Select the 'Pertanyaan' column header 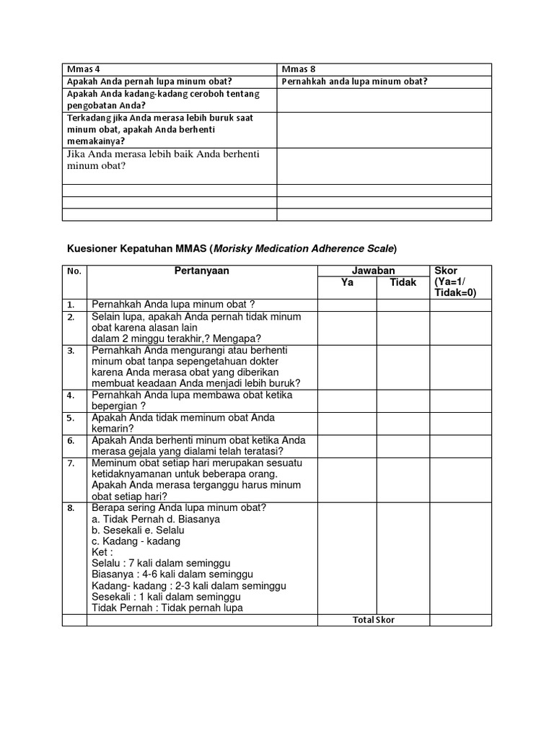pos(201,271)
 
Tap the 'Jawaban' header pos(374,271)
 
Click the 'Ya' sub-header pos(347,282)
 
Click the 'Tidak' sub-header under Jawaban pos(403,282)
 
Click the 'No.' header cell pos(74,272)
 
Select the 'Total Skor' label pos(374,620)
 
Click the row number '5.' pos(71,418)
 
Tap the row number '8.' pos(71,509)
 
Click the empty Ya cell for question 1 pos(347,305)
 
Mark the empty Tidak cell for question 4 pos(403,401)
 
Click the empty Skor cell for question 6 pos(460,446)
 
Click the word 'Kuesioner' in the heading pos(89,248)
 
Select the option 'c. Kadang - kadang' pos(136,541)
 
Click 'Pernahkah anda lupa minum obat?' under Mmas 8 pos(354,82)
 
